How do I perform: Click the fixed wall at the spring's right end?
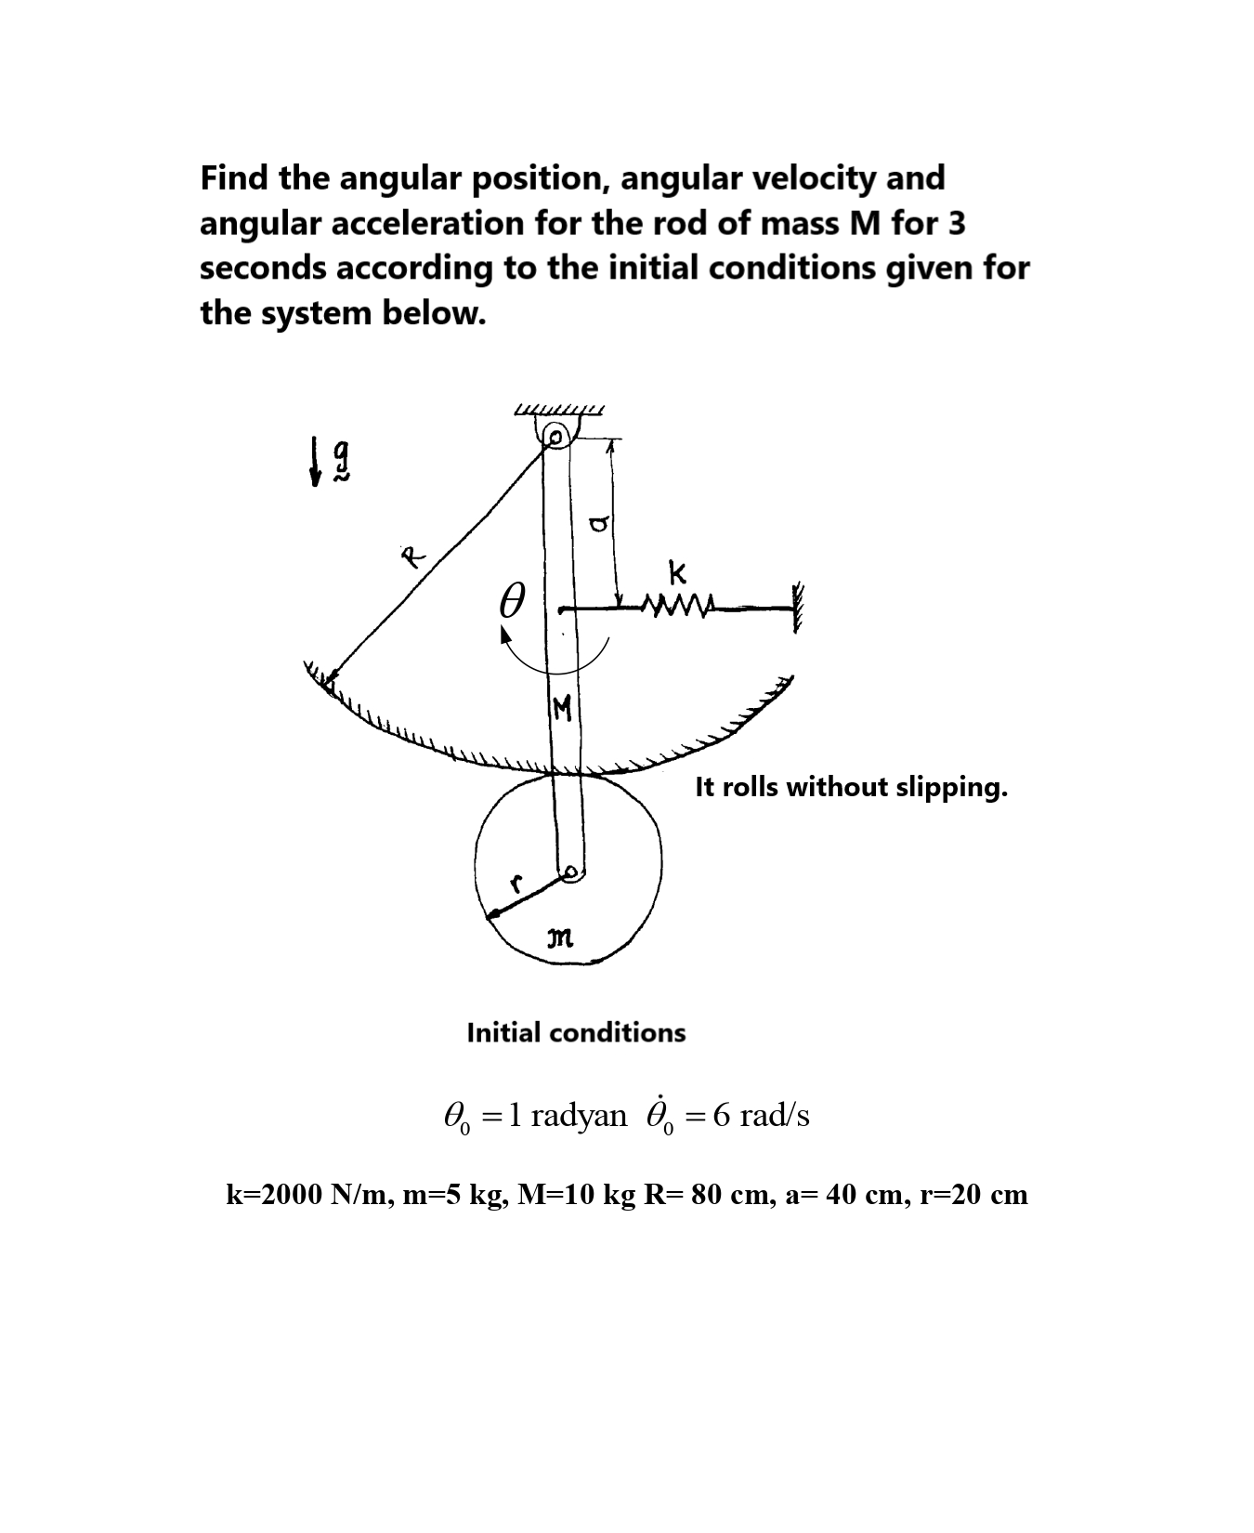point(795,609)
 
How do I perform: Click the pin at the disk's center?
point(572,872)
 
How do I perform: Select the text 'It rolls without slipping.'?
point(851,788)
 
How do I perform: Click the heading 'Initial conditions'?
point(576,1032)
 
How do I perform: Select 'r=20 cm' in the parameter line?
point(973,1194)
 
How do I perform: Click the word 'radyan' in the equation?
point(579,1115)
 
